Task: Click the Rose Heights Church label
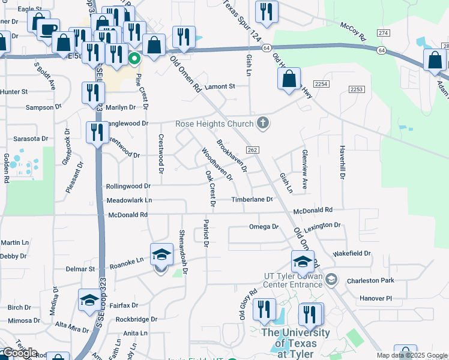pos(213,124)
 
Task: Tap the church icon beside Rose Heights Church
pos(262,124)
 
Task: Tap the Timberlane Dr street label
pos(253,199)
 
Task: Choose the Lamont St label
pos(220,86)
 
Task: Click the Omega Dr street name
pos(264,227)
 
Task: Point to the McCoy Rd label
pos(352,32)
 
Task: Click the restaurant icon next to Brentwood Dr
pos(97,132)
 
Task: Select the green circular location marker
pos(134,59)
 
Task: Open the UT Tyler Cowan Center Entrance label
pos(294,280)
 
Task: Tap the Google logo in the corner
pos(20,353)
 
